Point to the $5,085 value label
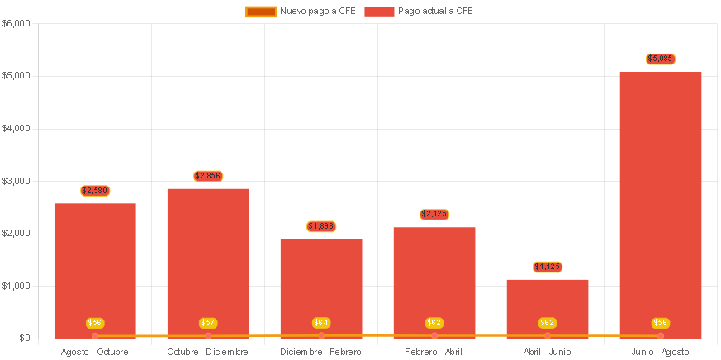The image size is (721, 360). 661,59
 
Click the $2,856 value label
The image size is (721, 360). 208,176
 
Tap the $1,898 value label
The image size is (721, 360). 321,226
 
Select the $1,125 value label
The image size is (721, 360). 548,267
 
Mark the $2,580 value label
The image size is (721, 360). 95,191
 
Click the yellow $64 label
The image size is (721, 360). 321,323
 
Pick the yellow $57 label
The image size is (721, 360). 208,323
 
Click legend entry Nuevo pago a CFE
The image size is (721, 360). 301,11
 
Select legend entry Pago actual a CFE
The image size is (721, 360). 419,11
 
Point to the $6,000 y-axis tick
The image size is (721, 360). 17,23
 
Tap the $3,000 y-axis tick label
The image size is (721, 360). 17,181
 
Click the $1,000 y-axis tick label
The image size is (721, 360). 17,286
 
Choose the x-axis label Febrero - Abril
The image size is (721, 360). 434,352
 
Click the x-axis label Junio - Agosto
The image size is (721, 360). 661,352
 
